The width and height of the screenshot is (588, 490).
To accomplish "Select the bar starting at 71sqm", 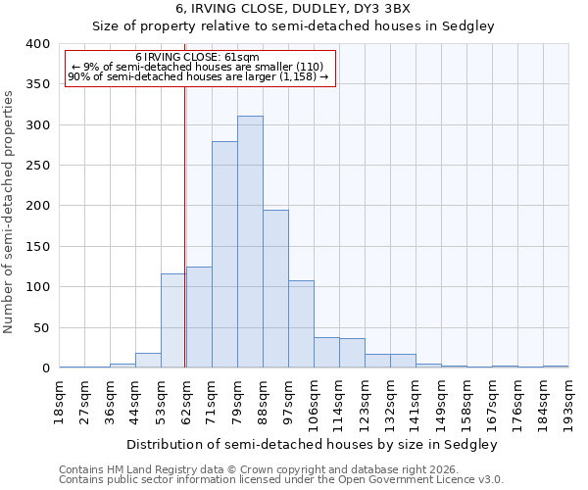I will coord(224,255).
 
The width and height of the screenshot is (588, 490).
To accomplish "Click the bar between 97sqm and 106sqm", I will coord(301,324).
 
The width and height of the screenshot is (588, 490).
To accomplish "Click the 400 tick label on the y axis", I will coord(37,44).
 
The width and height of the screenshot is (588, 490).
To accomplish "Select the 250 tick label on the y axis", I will coord(37,166).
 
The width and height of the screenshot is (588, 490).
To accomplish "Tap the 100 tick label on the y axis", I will coord(37,287).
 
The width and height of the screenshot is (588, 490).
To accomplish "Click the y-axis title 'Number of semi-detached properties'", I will coord(9,212).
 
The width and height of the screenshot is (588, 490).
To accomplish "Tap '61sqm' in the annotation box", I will coord(239,58).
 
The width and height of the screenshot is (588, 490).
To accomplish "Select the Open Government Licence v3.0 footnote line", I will coord(281,480).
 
